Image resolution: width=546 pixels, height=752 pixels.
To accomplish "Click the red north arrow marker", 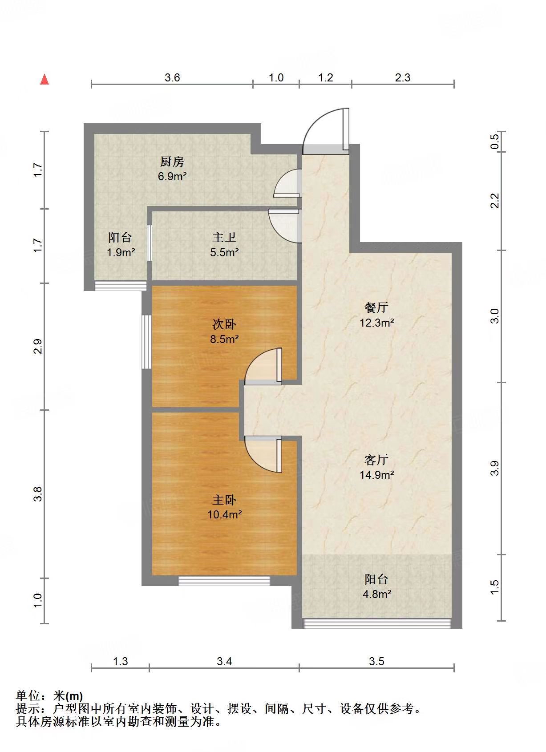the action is pyautogui.click(x=44, y=80).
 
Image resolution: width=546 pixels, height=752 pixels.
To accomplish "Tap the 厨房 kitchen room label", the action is pyautogui.click(x=172, y=162).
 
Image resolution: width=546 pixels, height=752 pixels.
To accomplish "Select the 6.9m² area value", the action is pyautogui.click(x=172, y=176).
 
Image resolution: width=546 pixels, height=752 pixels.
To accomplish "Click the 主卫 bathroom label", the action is pyautogui.click(x=224, y=238).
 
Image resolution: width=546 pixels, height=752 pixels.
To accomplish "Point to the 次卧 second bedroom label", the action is pyautogui.click(x=224, y=324).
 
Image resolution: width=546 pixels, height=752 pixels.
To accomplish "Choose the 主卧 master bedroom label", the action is pyautogui.click(x=224, y=500).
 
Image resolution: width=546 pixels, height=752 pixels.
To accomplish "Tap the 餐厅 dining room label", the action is pyautogui.click(x=376, y=307).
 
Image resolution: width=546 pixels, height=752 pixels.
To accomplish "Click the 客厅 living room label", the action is pyautogui.click(x=376, y=460).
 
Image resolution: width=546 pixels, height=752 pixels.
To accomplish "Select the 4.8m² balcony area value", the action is pyautogui.click(x=377, y=594).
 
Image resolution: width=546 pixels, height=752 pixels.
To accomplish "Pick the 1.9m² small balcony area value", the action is pyautogui.click(x=121, y=252).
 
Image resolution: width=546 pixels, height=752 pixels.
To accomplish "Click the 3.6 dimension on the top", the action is pyautogui.click(x=172, y=78).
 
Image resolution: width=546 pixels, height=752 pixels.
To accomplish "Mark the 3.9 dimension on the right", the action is pyautogui.click(x=495, y=468).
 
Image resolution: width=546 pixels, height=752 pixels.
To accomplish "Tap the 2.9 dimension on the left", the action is pyautogui.click(x=38, y=347).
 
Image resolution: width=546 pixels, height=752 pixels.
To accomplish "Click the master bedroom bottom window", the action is pyautogui.click(x=224, y=581).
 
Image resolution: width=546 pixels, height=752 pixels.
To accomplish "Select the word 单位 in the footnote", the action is pyautogui.click(x=28, y=696).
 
